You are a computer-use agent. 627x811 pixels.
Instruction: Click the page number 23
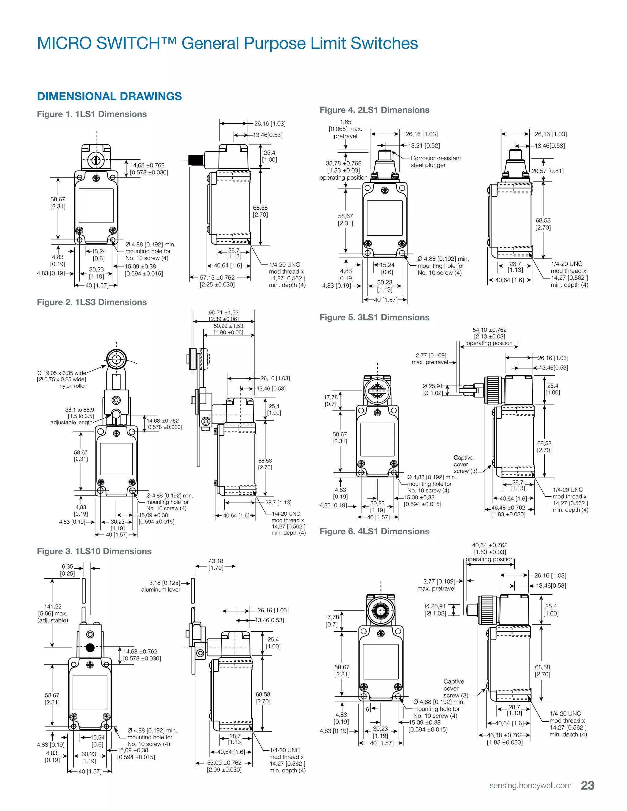[x=588, y=785]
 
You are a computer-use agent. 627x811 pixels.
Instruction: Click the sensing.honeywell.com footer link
[x=531, y=786]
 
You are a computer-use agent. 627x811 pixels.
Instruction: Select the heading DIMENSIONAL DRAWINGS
[x=109, y=96]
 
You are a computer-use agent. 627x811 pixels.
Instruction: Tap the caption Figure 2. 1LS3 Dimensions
[x=92, y=302]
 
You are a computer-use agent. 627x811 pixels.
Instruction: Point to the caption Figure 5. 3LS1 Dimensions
[x=374, y=317]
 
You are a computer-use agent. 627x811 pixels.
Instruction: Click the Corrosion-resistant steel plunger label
[x=436, y=162]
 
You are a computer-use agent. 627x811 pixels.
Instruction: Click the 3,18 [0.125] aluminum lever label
[x=161, y=586]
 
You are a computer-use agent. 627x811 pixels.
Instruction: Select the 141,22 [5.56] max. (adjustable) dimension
[x=53, y=613]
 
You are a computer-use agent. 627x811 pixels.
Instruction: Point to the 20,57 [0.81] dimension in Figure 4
[x=547, y=171]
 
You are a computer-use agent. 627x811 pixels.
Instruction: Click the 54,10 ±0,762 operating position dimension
[x=490, y=336]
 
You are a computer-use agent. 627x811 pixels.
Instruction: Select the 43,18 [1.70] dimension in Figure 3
[x=216, y=564]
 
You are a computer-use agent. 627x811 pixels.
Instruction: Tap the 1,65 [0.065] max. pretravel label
[x=345, y=129]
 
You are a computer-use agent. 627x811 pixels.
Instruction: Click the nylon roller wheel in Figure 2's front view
[x=116, y=359]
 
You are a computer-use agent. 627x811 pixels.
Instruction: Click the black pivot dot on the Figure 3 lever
[x=90, y=648]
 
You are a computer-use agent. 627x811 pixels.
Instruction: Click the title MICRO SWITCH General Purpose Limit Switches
[x=227, y=43]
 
